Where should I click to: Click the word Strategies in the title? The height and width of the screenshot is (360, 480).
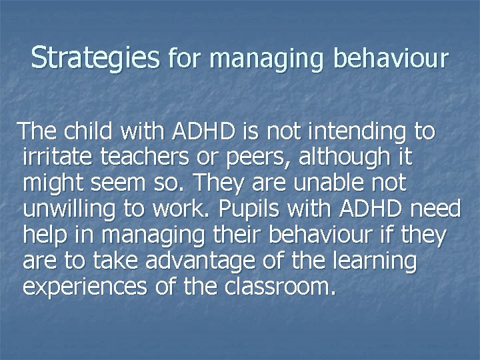click(95, 58)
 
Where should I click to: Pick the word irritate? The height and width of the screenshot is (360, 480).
click(58, 157)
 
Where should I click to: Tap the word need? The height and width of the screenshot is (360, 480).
click(435, 209)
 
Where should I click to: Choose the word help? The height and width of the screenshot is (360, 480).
click(45, 235)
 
